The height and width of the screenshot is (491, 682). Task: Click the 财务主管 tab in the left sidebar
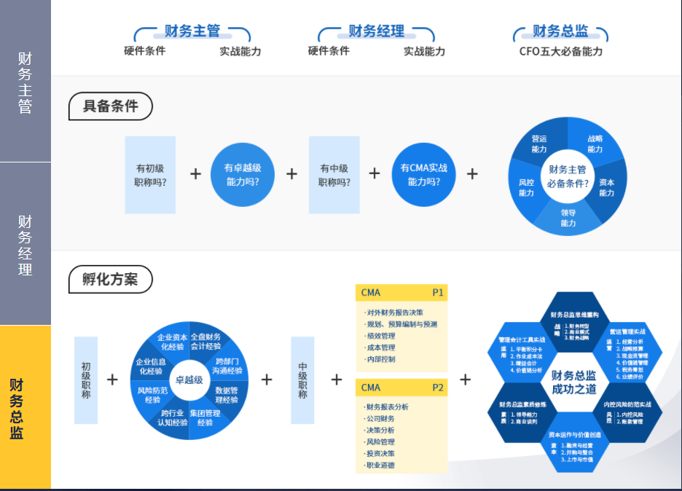coord(26,82)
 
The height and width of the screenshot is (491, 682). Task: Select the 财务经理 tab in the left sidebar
coord(26,244)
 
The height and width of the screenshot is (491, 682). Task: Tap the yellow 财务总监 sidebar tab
coord(26,408)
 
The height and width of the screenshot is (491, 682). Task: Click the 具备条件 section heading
coord(110,106)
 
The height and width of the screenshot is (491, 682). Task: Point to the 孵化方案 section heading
coord(110,279)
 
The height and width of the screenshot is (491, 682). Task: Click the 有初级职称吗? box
coord(150,175)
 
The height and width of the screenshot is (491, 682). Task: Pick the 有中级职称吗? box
coord(334,175)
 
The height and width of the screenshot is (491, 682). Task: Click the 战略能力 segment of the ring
coord(595,144)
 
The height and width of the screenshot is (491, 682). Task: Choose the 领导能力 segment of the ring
coord(568,218)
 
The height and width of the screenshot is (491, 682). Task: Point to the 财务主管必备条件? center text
coord(567,176)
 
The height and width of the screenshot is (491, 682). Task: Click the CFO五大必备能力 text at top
coord(560,52)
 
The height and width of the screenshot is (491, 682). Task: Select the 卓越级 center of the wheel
coord(189,380)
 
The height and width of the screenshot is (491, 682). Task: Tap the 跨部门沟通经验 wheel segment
coord(226,366)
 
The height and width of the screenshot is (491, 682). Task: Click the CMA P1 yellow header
coord(401,293)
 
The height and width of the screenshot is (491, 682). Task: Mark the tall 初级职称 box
coord(86,380)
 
